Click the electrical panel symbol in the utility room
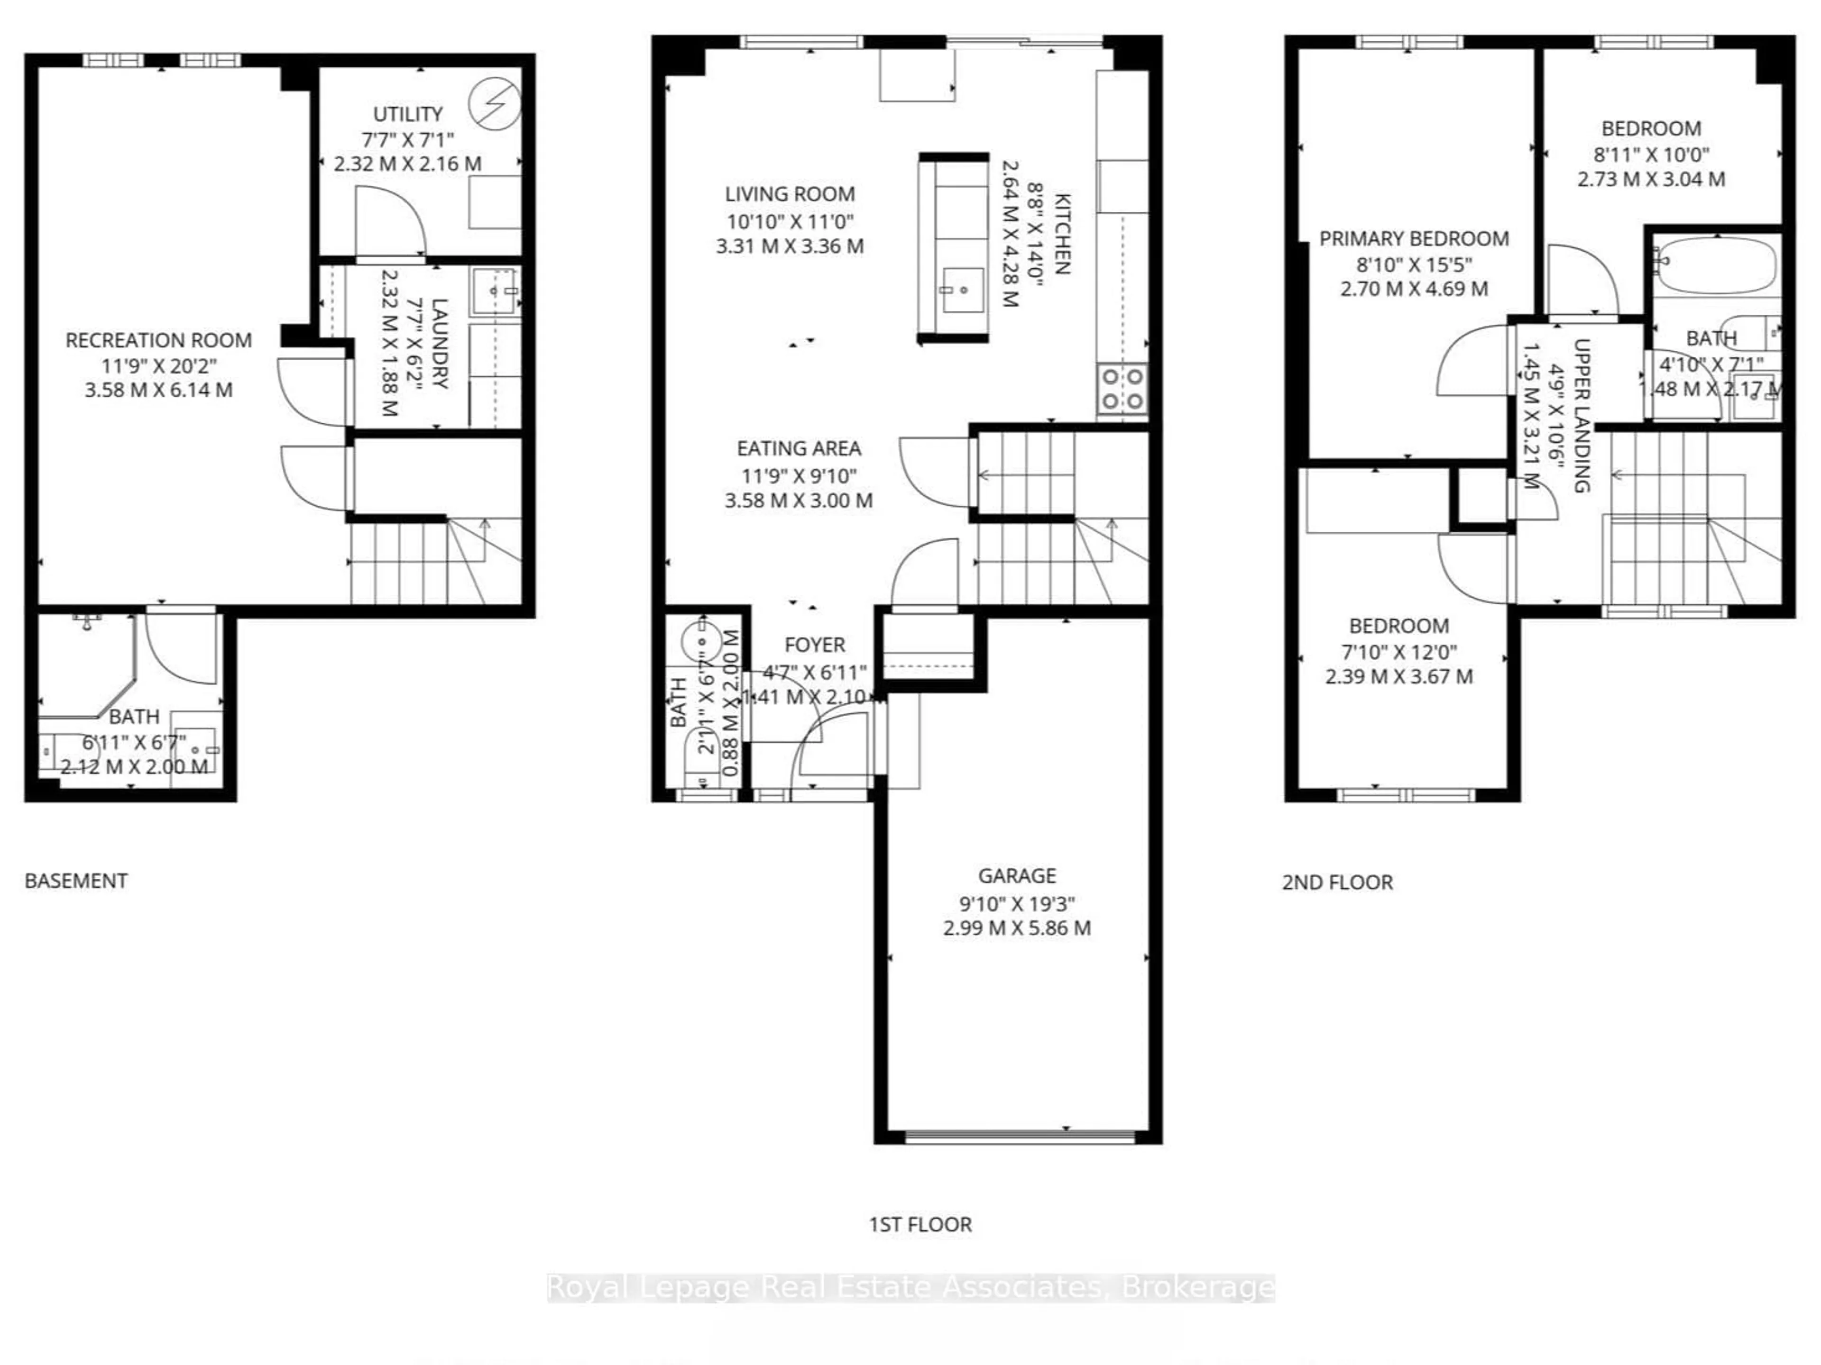[x=495, y=104]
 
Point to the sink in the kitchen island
[x=962, y=290]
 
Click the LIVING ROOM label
[x=790, y=194]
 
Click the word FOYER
[x=814, y=645]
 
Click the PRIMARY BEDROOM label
[x=1414, y=238]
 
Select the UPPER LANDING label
[x=1581, y=416]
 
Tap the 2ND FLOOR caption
[x=1337, y=883]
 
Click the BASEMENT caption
[x=76, y=881]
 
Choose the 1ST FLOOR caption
[x=920, y=1224]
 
